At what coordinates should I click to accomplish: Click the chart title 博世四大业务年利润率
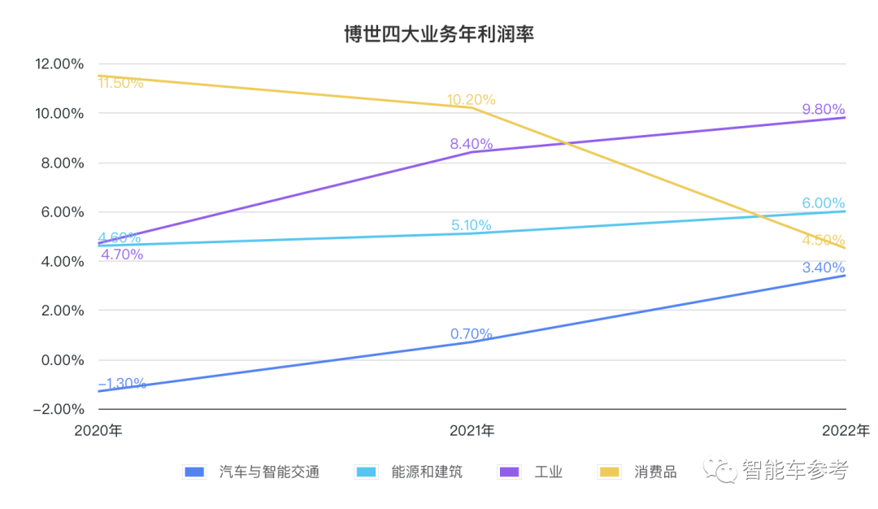(x=439, y=35)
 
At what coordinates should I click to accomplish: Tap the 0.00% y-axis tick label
(x=62, y=360)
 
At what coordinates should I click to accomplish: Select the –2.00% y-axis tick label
(x=59, y=409)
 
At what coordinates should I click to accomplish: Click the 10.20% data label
(x=471, y=100)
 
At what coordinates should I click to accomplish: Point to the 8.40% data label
(x=471, y=145)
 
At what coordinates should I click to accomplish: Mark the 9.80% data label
(x=824, y=110)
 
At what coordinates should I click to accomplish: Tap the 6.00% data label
(x=824, y=203)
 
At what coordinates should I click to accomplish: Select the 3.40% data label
(x=824, y=268)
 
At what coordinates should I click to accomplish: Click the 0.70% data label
(x=471, y=334)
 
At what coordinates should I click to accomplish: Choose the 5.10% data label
(x=472, y=225)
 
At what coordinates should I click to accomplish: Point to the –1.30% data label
(x=123, y=383)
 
